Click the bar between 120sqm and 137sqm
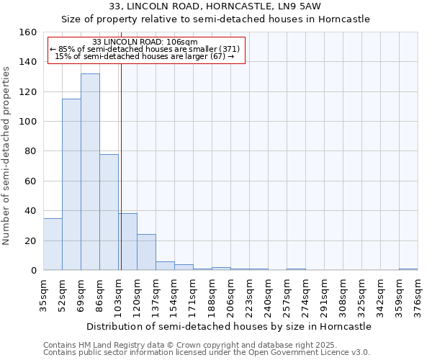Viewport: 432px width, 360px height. point(146,252)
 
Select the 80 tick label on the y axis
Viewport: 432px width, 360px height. point(31,151)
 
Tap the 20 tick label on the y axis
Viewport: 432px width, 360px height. point(31,240)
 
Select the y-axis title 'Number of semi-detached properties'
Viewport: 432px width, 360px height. point(6,151)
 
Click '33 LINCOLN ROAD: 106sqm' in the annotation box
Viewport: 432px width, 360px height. point(145,42)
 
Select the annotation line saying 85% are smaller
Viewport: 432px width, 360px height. point(145,49)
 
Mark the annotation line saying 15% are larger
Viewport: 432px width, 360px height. point(145,56)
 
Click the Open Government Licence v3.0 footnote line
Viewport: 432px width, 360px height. point(207,352)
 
